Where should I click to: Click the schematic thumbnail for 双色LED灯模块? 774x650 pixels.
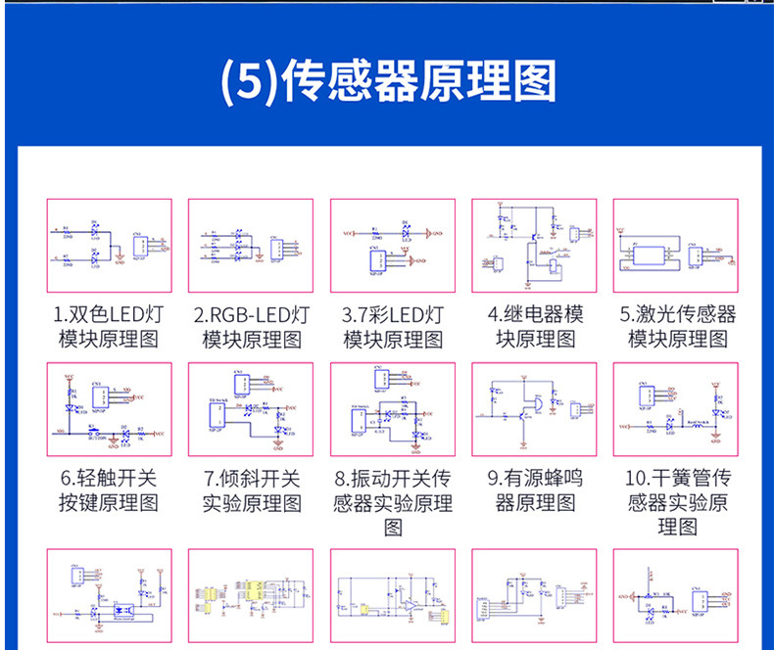point(110,246)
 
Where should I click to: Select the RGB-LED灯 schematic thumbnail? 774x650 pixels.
point(251,246)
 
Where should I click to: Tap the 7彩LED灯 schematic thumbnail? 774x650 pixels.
point(392,246)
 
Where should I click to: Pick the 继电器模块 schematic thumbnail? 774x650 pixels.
point(534,246)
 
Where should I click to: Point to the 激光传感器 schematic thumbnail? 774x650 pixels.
point(676,246)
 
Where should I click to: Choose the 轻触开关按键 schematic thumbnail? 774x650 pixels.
point(110,409)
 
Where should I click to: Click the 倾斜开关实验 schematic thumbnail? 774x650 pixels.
point(251,409)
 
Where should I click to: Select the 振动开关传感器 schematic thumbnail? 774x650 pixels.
point(392,409)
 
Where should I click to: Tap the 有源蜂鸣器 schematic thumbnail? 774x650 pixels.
point(534,409)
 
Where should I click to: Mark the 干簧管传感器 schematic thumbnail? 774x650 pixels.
point(676,409)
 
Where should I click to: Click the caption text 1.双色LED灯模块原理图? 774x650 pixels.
point(110,327)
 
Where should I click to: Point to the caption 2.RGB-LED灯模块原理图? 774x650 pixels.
point(251,327)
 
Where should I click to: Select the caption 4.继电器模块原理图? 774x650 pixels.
point(534,327)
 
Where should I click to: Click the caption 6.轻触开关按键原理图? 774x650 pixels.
point(110,490)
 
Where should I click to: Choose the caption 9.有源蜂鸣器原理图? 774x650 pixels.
point(534,490)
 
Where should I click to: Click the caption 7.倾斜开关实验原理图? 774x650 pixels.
point(251,490)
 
